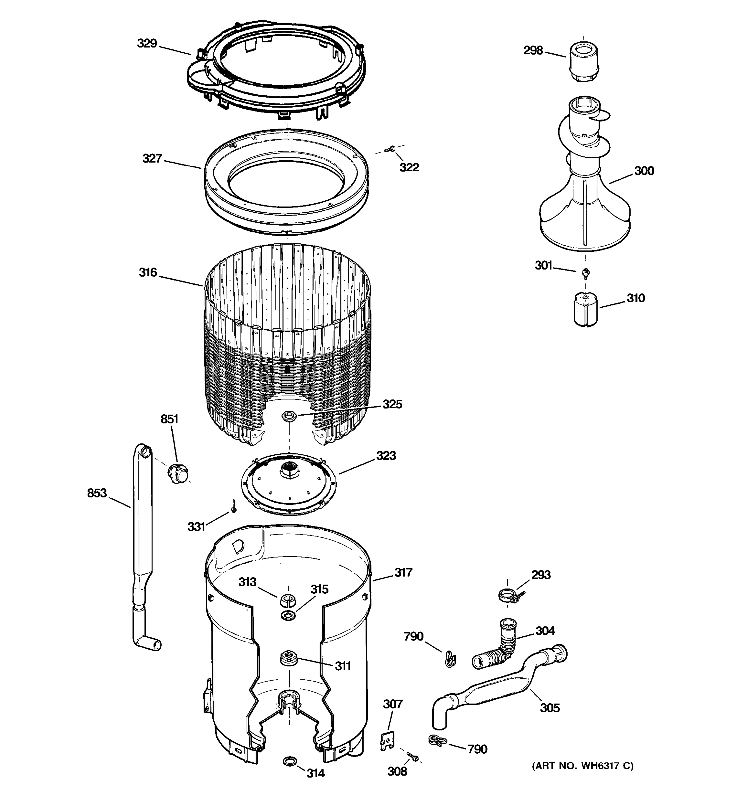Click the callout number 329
point(147,43)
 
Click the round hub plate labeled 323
point(289,483)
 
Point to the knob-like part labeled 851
point(178,473)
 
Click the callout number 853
point(97,493)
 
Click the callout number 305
point(549,708)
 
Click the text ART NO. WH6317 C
point(582,766)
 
